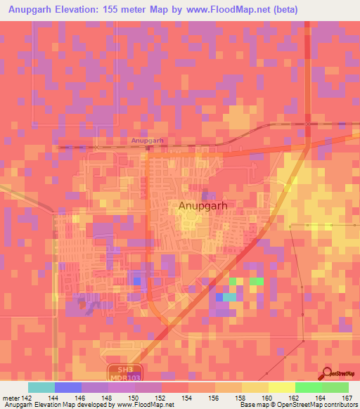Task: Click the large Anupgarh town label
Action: tap(206, 206)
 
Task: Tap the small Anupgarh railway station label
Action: tap(147, 141)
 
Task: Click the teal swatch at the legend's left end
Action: tap(41, 387)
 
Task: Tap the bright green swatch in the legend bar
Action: tap(308, 387)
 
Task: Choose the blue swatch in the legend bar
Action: tap(68, 387)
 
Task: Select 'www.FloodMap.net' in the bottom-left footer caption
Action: tap(139, 405)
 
